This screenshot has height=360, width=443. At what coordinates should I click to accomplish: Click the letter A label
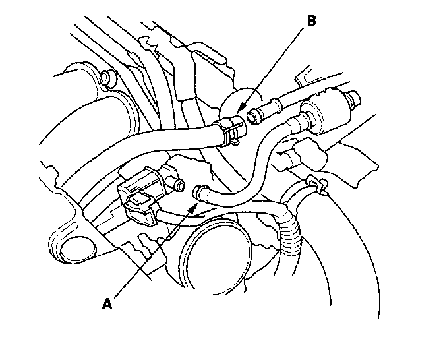107,303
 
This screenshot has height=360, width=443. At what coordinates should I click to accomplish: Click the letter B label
310,20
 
